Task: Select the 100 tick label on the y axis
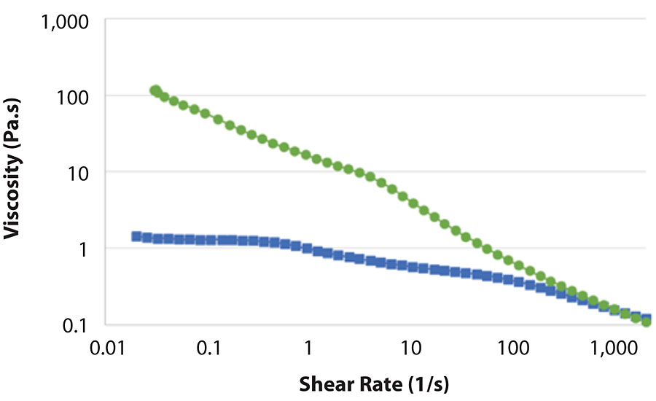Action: click(73, 96)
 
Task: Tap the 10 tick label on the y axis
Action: click(78, 173)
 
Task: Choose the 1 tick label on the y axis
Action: click(84, 249)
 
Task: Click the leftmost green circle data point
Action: click(155, 90)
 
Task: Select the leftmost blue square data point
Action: click(136, 236)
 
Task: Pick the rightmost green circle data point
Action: click(646, 322)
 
